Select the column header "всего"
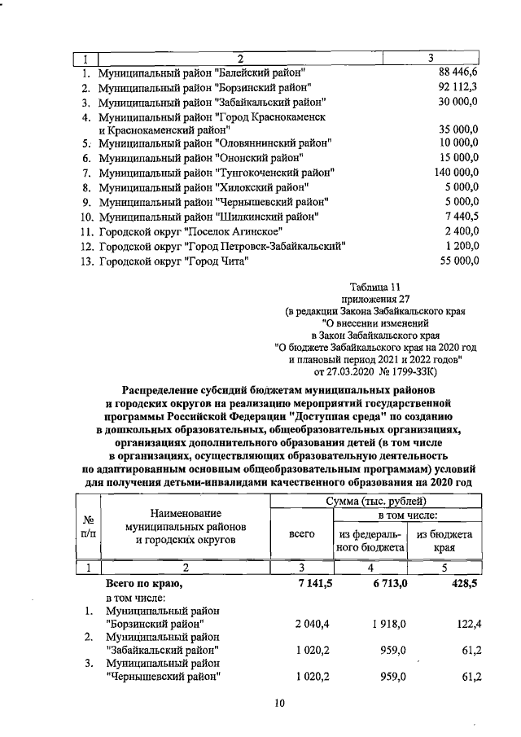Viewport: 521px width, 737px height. click(302, 534)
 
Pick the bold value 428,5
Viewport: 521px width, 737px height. click(466, 584)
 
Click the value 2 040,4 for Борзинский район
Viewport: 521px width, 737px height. click(300, 624)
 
